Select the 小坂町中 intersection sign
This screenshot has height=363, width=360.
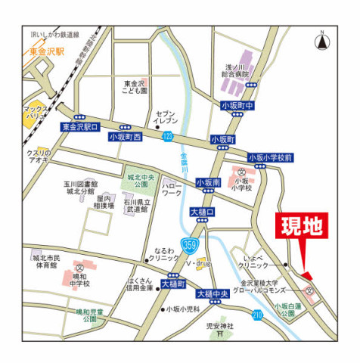coord(237,106)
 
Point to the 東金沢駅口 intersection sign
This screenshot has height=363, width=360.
coord(80,127)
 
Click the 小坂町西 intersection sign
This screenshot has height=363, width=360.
coord(125,137)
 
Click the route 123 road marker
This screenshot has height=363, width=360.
coord(167,135)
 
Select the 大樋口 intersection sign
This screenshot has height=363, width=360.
coord(203,213)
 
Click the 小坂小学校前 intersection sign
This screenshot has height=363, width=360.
coord(270,157)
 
